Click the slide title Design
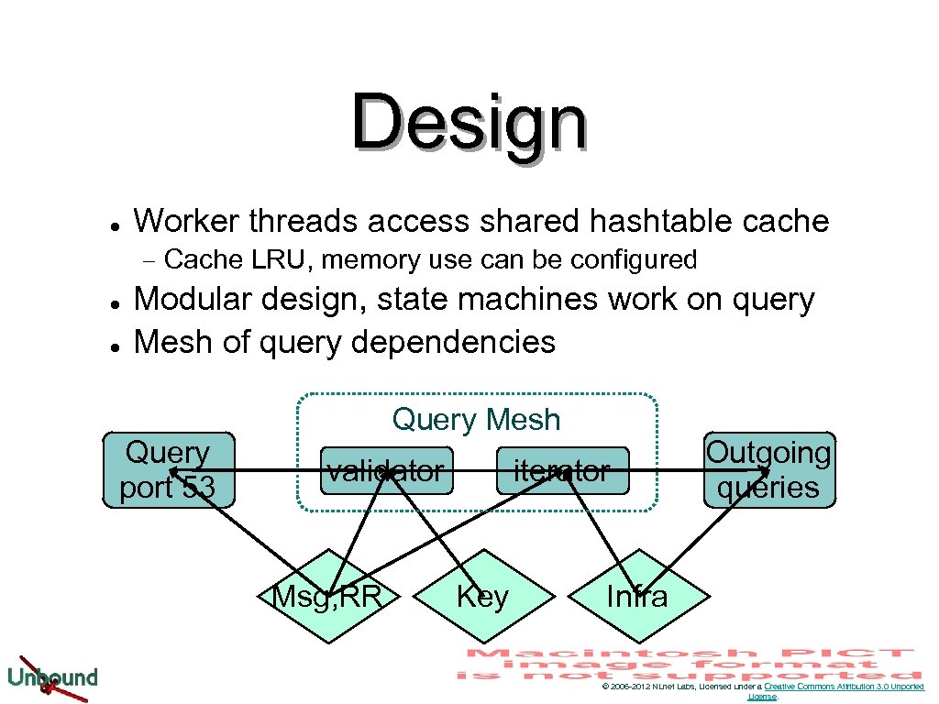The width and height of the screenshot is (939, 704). coord(469,124)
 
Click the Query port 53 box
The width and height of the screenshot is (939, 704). coord(168,470)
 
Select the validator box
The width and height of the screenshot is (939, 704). coord(386,471)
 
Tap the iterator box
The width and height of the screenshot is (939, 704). coord(562,471)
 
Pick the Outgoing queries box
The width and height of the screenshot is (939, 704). coord(768,470)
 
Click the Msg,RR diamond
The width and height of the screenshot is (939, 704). coord(327,597)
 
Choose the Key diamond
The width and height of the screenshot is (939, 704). coord(482,597)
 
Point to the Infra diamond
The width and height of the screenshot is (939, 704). coord(637,597)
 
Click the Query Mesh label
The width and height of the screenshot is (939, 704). coord(476,420)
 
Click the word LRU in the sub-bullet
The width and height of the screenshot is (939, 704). coord(279,260)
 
